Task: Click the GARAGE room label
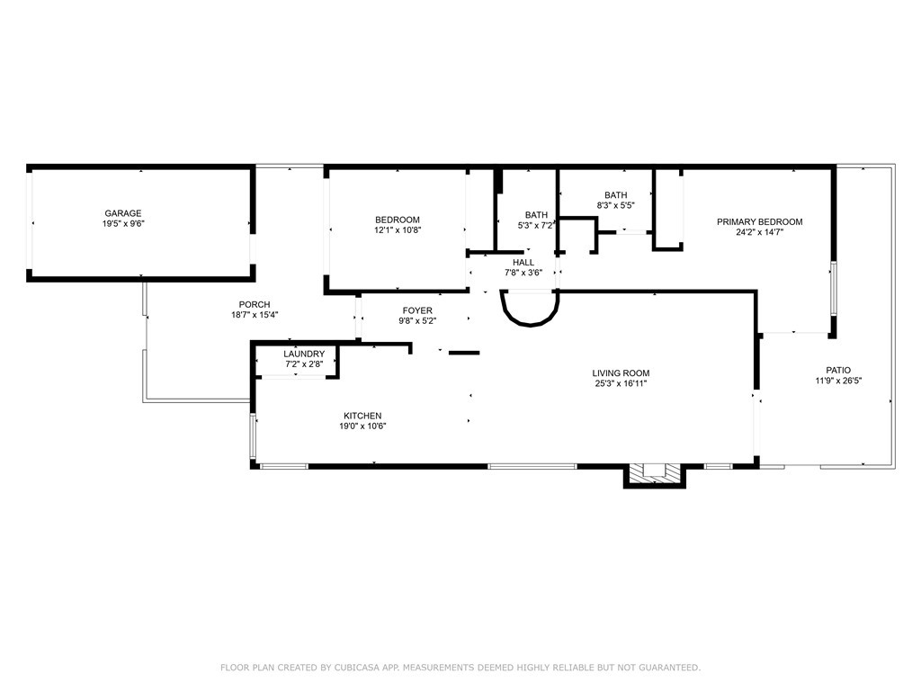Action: (123, 213)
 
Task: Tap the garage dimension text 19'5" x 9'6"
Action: (123, 224)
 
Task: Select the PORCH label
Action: (255, 304)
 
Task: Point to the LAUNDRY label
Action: (304, 354)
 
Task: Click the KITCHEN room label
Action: (362, 416)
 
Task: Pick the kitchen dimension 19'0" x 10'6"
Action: (362, 426)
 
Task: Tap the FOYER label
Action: (417, 310)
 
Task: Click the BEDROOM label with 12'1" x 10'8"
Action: (398, 220)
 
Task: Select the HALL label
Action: (523, 263)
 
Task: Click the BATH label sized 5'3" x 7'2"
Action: (536, 215)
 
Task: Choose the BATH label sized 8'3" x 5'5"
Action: (615, 195)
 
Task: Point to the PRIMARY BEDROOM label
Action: (759, 221)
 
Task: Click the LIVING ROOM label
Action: (621, 373)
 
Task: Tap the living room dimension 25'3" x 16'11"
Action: (621, 383)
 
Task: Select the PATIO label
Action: (838, 370)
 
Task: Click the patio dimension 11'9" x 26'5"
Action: (838, 381)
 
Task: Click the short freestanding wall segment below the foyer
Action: (464, 353)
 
